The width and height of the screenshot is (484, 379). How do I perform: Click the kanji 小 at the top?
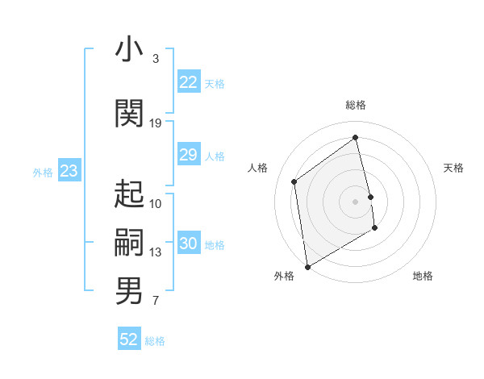[129, 50]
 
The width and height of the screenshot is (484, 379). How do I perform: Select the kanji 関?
[129, 114]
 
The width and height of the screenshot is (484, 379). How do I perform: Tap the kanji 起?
[129, 194]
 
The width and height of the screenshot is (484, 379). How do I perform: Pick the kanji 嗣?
[129, 242]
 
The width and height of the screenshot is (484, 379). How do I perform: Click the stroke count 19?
[156, 123]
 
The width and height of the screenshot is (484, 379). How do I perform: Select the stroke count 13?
[156, 252]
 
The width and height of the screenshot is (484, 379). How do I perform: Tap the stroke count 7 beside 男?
[156, 302]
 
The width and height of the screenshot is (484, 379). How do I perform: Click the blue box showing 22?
[188, 82]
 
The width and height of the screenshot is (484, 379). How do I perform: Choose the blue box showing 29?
[188, 155]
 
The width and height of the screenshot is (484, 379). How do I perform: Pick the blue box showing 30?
[188, 244]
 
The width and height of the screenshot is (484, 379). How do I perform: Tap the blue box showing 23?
[69, 171]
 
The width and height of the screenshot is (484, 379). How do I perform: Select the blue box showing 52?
[129, 339]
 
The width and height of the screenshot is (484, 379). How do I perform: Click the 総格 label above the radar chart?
[355, 105]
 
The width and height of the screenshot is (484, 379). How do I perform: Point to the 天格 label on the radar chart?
[453, 168]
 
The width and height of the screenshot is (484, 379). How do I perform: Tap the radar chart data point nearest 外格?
[307, 266]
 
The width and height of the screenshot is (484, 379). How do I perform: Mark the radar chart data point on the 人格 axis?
[294, 181]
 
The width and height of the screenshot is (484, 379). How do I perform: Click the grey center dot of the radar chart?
[355, 201]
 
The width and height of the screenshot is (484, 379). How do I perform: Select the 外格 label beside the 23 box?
[42, 172]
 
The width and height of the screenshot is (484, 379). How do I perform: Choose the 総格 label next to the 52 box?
[155, 341]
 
